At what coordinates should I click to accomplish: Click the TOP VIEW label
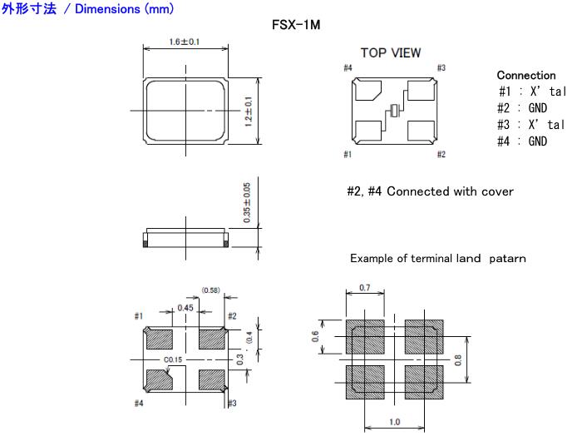point(390,53)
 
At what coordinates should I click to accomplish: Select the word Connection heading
point(525,76)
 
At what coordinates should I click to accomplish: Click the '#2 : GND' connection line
point(523,108)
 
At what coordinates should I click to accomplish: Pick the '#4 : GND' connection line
point(523,141)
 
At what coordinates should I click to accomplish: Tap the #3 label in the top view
point(441,68)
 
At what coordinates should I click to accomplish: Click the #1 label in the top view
point(347,155)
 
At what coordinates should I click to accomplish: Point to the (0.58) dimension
point(210,290)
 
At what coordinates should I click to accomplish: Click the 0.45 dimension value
point(185,308)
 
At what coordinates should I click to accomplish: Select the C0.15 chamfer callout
point(173,359)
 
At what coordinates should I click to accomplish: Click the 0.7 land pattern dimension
point(364,287)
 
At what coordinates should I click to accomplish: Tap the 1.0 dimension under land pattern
point(394,423)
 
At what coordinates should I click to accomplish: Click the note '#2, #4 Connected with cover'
point(430,192)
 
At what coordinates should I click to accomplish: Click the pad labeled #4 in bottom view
point(159,379)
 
